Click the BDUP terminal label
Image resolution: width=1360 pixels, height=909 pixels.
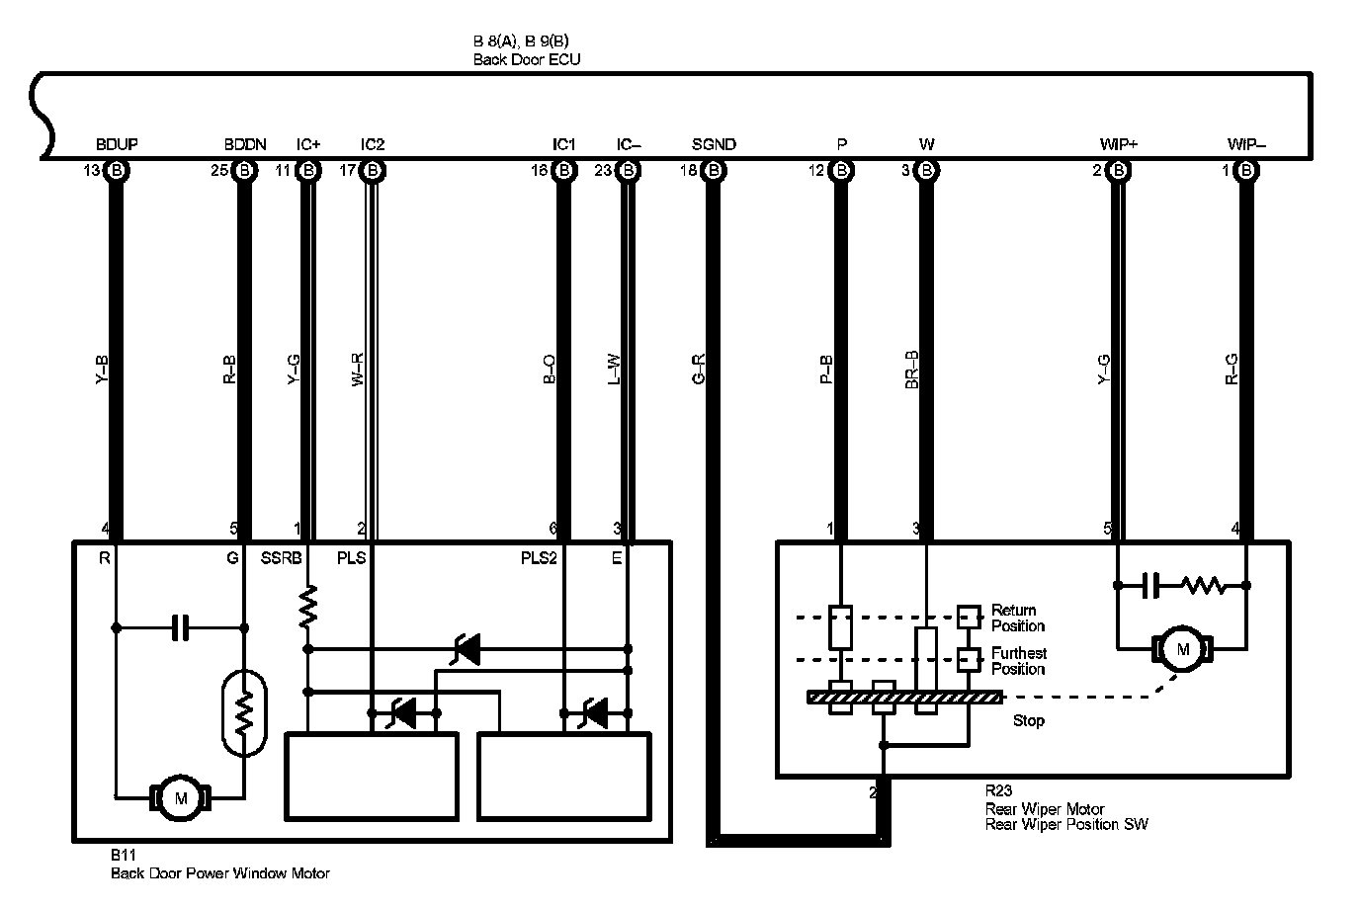117,144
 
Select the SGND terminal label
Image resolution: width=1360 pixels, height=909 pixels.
714,144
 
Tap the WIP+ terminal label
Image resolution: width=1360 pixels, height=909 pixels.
1119,144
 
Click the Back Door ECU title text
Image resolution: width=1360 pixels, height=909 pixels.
527,59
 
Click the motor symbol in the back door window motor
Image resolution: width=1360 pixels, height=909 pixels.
180,796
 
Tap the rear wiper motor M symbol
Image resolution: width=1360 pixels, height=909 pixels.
1182,649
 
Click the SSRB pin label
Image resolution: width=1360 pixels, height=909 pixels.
280,558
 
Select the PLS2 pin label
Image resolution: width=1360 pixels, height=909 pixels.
540,558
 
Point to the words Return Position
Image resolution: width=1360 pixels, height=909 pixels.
1017,618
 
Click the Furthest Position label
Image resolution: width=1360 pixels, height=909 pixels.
1018,661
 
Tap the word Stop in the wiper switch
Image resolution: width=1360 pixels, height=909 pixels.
1028,720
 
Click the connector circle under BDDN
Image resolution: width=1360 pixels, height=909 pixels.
244,171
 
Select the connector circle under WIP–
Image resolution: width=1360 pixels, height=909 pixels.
1246,171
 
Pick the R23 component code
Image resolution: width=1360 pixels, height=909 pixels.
998,791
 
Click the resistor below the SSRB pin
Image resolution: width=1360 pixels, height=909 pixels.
308,604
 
